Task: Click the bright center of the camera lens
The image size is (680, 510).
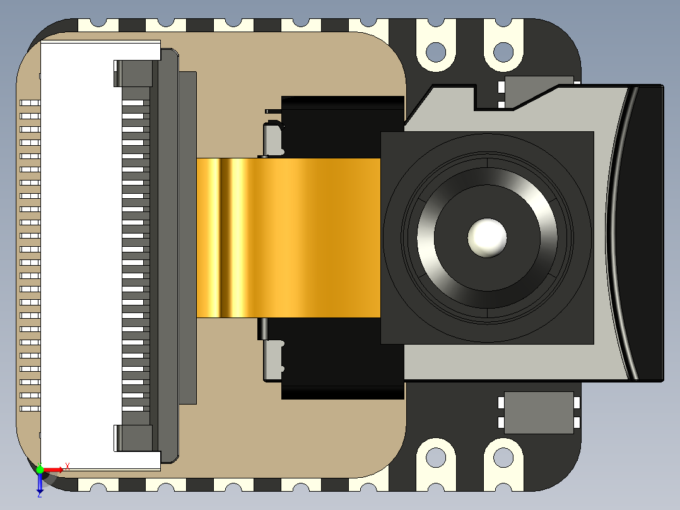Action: (487, 237)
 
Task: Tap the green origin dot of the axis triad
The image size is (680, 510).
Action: (40, 470)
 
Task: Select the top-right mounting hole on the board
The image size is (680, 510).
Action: (503, 50)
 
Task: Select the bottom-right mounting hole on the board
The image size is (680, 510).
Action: (503, 456)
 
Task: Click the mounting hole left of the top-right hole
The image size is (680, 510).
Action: (435, 50)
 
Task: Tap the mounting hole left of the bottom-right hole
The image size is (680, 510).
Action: (435, 456)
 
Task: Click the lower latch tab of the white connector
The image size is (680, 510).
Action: (134, 437)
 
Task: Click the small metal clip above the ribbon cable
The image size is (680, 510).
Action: (273, 139)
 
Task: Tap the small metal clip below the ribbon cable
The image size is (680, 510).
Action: (273, 360)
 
